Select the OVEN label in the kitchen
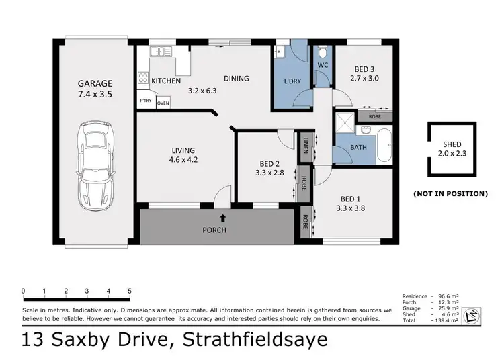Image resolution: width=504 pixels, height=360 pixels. (x=163, y=103)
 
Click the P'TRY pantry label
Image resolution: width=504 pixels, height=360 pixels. (x=145, y=101)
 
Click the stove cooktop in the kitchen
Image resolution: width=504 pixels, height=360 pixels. (x=142, y=78)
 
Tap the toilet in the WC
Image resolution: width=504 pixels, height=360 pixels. (x=323, y=53)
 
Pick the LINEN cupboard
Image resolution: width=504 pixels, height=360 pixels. (x=306, y=145)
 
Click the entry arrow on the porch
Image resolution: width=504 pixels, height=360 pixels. (x=223, y=217)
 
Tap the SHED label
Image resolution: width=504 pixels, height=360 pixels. (x=452, y=144)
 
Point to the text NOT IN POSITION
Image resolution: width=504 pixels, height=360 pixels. (x=450, y=193)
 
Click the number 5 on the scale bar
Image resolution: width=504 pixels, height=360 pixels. (x=129, y=291)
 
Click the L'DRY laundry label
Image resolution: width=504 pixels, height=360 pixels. (x=292, y=81)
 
